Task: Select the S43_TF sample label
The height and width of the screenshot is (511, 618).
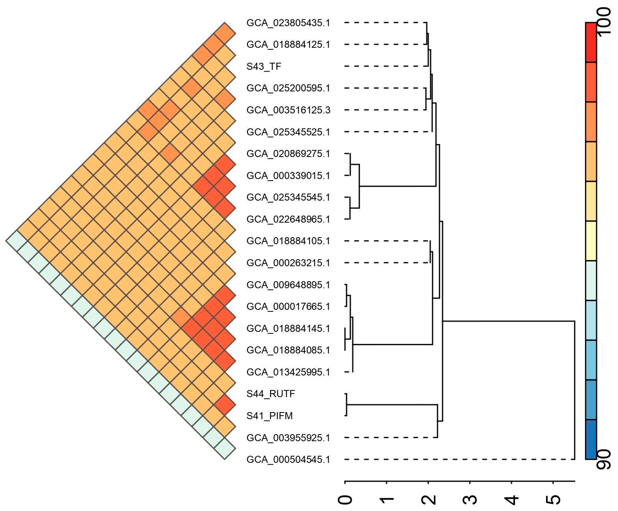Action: (x=264, y=66)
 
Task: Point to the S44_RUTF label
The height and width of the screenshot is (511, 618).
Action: (x=271, y=394)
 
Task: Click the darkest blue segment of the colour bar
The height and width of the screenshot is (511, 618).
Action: (x=591, y=439)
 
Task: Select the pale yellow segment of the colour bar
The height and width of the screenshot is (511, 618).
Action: (x=591, y=241)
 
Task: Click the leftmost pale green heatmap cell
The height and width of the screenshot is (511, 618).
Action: (x=17, y=241)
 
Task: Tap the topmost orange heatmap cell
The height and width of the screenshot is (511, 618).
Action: (x=225, y=33)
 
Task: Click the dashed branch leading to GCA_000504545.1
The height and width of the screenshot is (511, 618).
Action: (x=459, y=459)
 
